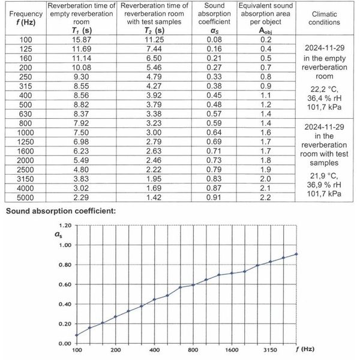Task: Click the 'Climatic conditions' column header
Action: click(326, 18)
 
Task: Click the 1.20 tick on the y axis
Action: click(65, 226)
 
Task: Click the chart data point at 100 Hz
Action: click(77, 335)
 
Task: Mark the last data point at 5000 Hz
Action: click(296, 254)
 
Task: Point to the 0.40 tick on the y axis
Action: click(65, 304)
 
